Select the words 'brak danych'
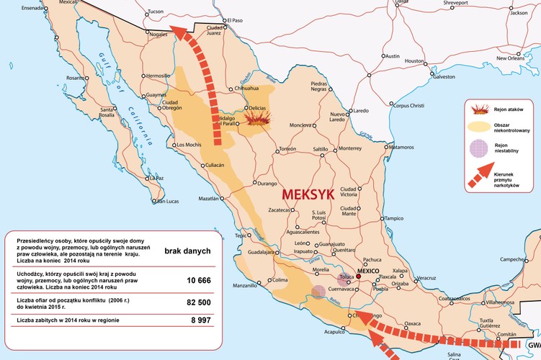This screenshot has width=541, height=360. tap(187, 251)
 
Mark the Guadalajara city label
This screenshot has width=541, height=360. tap(262, 253)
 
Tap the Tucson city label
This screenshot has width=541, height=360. tap(156, 12)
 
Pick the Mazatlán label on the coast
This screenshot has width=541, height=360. tap(209, 198)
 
